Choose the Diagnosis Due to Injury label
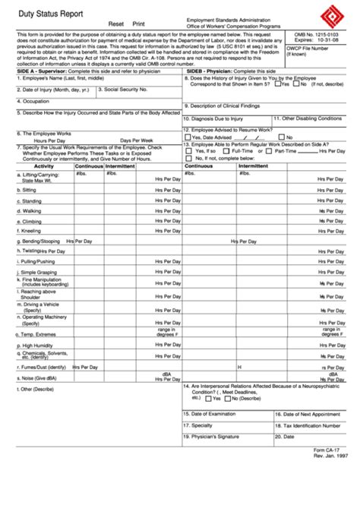click(217, 118)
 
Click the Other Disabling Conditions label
click(308, 118)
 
